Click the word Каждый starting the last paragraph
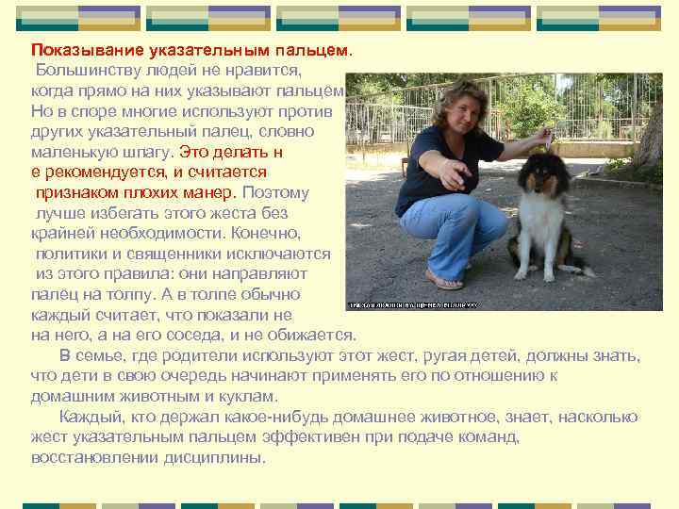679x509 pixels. coord(90,418)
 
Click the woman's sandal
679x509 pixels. coord(444,279)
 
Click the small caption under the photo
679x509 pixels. coord(413,304)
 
